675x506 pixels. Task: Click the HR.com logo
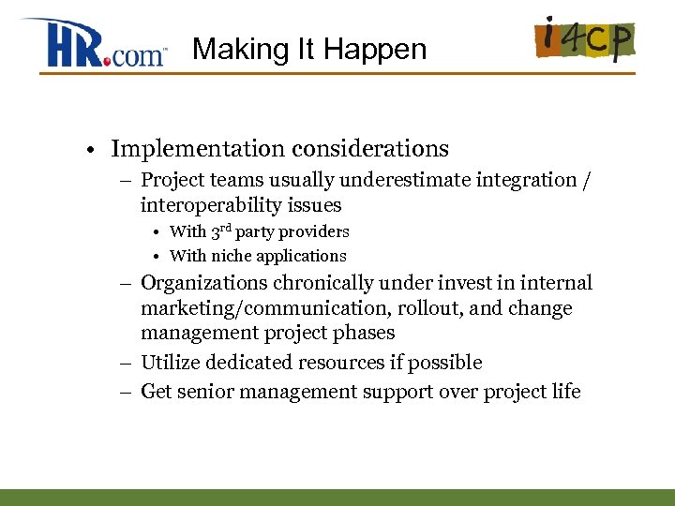coord(93,43)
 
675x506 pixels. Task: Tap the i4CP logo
coord(584,39)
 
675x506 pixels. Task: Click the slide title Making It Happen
coord(309,49)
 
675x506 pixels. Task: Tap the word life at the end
coord(565,392)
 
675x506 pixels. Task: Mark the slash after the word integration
coord(587,180)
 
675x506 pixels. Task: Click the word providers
coord(317,231)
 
